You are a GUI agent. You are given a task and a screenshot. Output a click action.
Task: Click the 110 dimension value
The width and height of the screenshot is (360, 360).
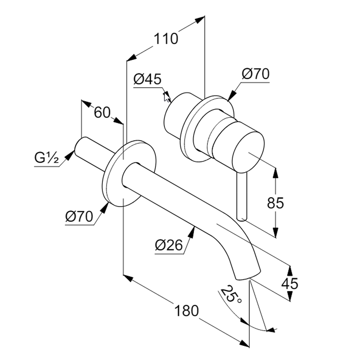(166, 39)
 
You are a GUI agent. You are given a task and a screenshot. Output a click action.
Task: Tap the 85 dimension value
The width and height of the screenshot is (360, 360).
(275, 203)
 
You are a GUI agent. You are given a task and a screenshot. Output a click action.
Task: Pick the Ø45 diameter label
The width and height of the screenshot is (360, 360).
(147, 79)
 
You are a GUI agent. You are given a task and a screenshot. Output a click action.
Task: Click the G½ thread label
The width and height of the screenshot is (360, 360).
(46, 158)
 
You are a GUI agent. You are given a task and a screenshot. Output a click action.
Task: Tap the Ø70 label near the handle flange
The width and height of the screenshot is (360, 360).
(255, 74)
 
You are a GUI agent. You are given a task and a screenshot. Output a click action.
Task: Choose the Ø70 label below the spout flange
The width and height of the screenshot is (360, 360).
(79, 217)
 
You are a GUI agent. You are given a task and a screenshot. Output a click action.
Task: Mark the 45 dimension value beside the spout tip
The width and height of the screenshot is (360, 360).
(290, 284)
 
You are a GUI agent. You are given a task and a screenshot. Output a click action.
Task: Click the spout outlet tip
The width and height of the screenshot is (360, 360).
(247, 276)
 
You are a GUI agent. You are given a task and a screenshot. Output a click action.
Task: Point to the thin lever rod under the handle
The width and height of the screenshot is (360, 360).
(242, 196)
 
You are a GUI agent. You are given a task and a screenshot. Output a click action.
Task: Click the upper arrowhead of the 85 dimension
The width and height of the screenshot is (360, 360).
(275, 172)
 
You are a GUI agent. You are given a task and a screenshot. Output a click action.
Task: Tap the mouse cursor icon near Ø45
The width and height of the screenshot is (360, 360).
(167, 97)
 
